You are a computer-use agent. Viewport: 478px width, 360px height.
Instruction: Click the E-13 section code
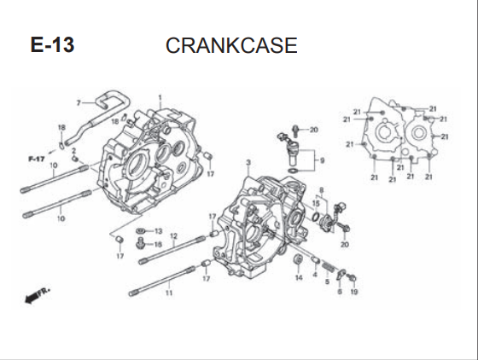52,45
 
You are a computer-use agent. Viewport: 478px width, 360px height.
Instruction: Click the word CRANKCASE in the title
231,45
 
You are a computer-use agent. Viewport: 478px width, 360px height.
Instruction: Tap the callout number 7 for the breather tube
79,103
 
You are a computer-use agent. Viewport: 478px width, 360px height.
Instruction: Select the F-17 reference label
37,159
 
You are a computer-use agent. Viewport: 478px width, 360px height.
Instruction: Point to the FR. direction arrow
37,295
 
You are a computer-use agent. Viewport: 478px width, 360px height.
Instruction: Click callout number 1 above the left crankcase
160,98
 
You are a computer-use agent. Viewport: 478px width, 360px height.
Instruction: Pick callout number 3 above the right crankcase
248,163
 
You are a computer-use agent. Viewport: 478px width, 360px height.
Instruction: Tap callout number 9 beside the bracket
323,160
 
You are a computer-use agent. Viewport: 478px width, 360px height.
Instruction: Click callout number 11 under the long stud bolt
169,293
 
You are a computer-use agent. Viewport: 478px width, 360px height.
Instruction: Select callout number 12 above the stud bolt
173,236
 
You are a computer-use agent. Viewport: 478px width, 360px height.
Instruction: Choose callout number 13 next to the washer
159,231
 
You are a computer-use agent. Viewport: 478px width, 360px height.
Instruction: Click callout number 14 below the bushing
299,277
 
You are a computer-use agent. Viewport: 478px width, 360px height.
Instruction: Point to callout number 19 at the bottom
354,292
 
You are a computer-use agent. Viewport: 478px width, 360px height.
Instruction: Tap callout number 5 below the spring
327,282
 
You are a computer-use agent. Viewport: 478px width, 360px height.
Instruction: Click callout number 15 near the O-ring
316,203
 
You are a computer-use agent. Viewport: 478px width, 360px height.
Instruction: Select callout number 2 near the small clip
73,151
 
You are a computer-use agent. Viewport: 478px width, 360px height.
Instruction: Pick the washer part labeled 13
141,231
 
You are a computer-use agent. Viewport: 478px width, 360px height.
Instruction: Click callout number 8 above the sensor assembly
321,190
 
